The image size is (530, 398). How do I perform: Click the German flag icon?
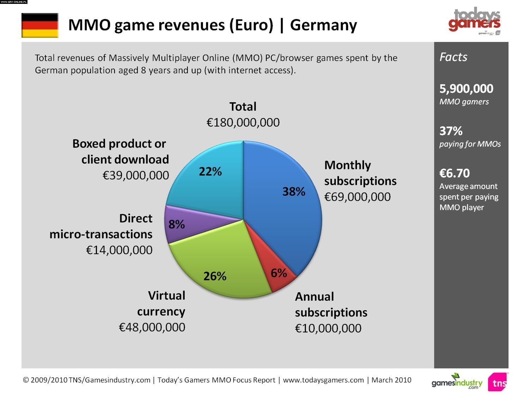pyautogui.click(x=40, y=25)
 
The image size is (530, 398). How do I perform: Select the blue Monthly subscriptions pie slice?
pyautogui.click(x=282, y=211)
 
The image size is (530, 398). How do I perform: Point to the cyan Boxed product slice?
pyautogui.click(x=208, y=176)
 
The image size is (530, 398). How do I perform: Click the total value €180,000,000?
pyautogui.click(x=243, y=123)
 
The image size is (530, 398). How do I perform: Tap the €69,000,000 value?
pyautogui.click(x=357, y=197)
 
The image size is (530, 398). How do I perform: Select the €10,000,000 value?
pyautogui.click(x=328, y=328)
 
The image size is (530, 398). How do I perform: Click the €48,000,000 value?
pyautogui.click(x=152, y=327)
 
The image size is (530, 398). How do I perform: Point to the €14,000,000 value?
pyautogui.click(x=119, y=250)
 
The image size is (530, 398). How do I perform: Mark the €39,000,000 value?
pyautogui.click(x=136, y=175)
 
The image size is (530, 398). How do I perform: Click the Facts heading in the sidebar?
pyautogui.click(x=453, y=57)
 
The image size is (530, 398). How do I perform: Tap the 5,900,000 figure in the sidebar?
pyautogui.click(x=466, y=89)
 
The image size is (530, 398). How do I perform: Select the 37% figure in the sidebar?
pyautogui.click(x=451, y=131)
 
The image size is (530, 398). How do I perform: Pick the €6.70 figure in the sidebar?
pyautogui.click(x=455, y=173)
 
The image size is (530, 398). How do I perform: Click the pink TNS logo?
pyautogui.click(x=498, y=382)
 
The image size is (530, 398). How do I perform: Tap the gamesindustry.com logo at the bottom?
pyautogui.click(x=457, y=382)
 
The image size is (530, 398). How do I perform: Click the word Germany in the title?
pyautogui.click(x=323, y=25)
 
